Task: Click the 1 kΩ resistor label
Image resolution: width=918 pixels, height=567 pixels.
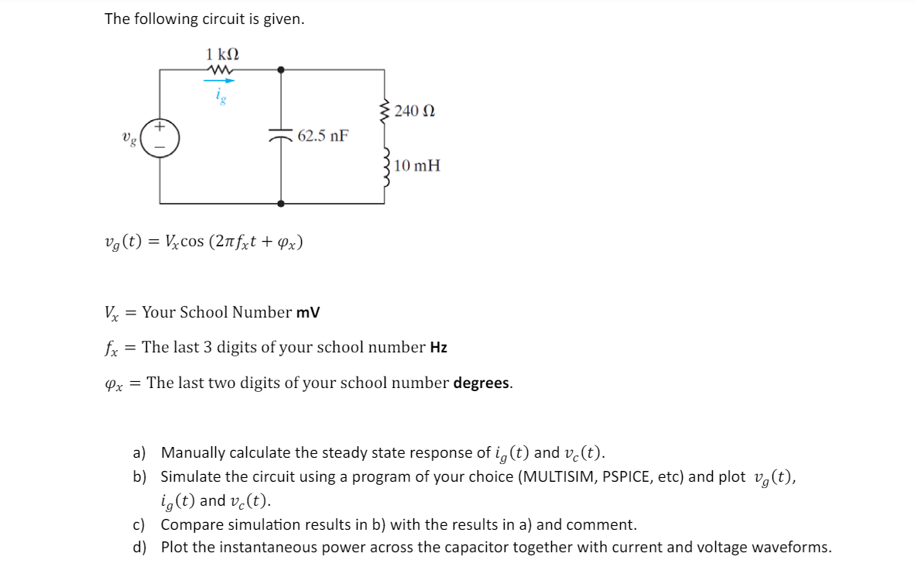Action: (222, 54)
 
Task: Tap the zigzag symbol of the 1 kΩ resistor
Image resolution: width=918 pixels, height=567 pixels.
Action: (221, 70)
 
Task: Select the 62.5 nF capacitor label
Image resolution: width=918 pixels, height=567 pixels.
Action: (323, 136)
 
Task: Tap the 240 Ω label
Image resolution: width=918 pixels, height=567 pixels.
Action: (415, 112)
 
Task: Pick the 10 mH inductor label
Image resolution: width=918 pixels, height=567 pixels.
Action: (417, 165)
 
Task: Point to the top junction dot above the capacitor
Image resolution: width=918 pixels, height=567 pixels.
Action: (280, 69)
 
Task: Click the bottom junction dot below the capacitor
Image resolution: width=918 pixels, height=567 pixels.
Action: (280, 203)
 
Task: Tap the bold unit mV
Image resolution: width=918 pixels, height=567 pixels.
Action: (308, 313)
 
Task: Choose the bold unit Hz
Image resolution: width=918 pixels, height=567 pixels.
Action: (439, 348)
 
